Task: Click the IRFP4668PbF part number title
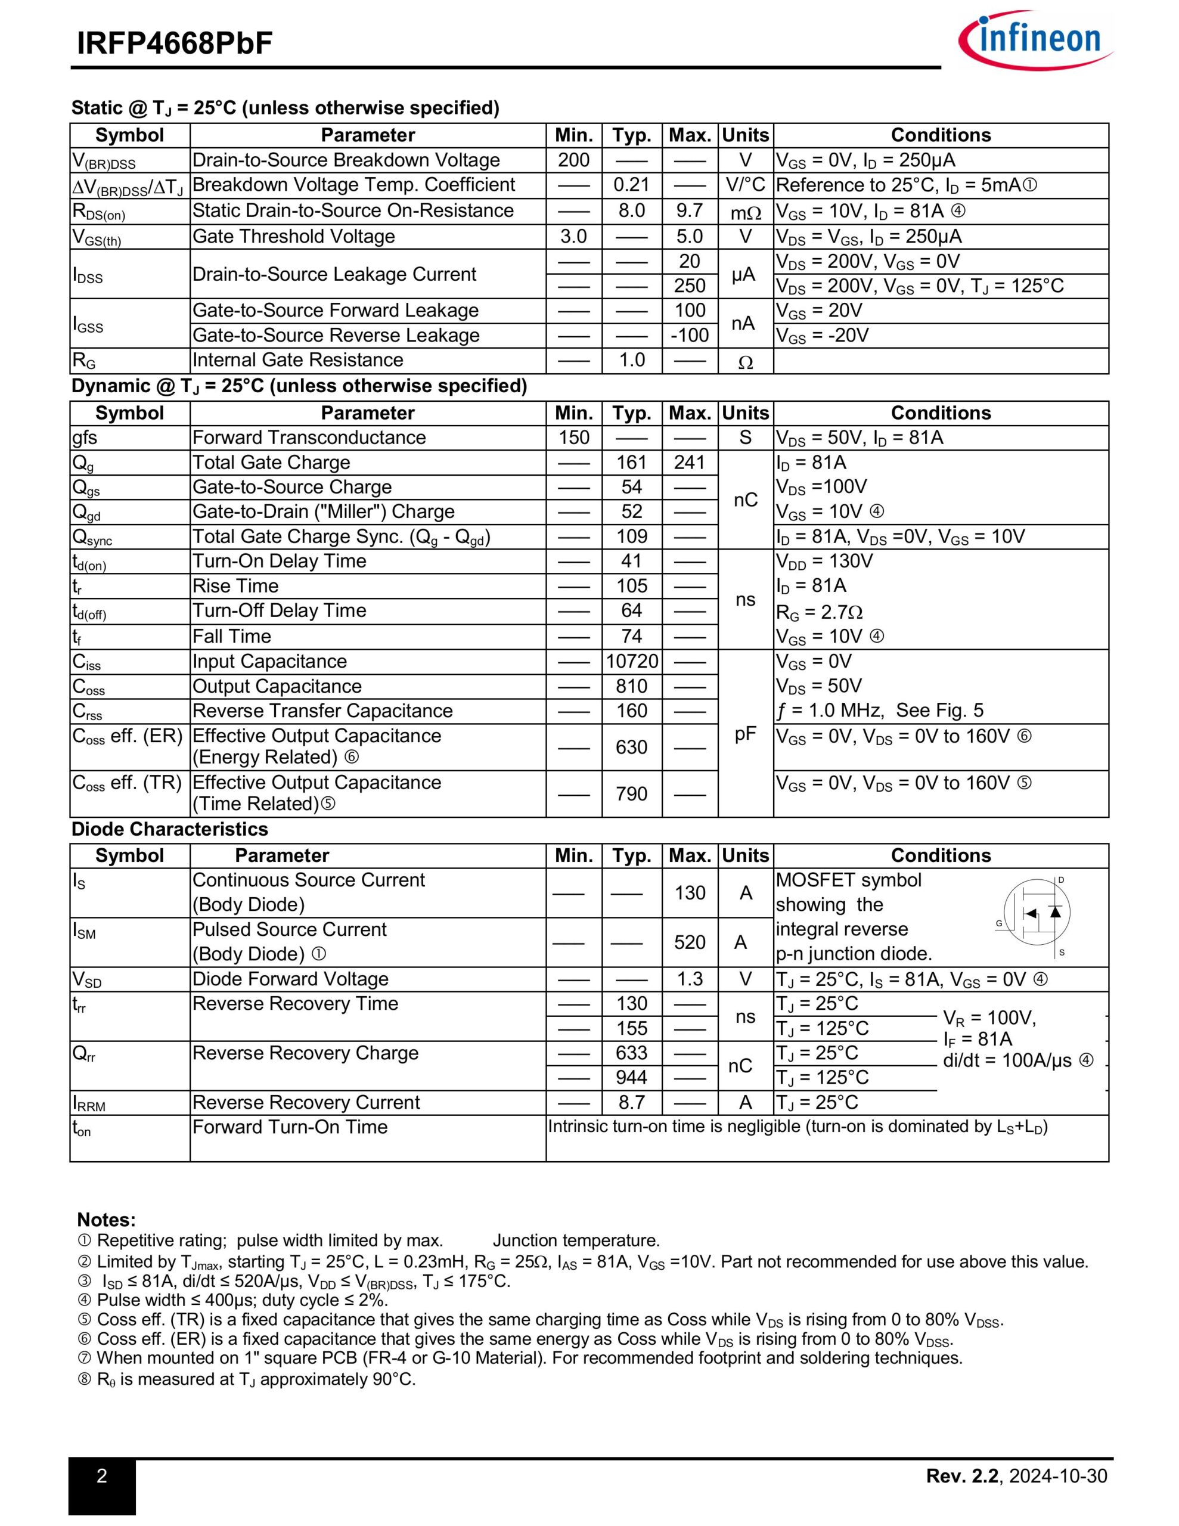coord(175,44)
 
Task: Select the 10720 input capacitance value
coord(632,661)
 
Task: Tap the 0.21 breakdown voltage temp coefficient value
coord(632,185)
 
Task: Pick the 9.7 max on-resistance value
coord(690,211)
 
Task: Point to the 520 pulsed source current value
coord(690,942)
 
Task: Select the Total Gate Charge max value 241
coord(690,463)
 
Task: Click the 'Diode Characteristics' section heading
coord(170,829)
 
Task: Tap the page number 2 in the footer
coord(102,1476)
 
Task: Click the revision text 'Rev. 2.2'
coord(963,1476)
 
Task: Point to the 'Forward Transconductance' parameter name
coord(309,438)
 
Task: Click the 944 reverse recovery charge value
coord(632,1077)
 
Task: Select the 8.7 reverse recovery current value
coord(632,1102)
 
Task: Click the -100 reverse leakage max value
coord(690,336)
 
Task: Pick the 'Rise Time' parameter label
coord(235,585)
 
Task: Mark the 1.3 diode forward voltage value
coord(690,979)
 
